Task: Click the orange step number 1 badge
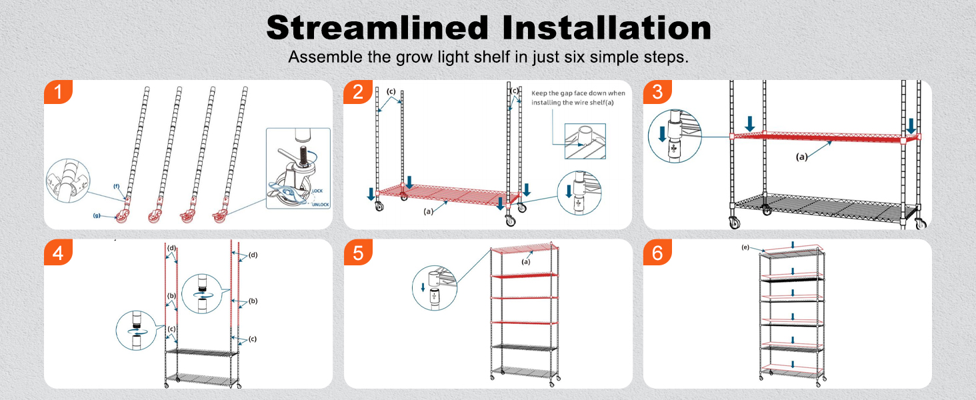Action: click(58, 92)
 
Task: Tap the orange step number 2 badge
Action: click(358, 92)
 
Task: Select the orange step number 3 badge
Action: click(657, 92)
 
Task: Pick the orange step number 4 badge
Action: click(58, 252)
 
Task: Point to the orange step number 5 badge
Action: click(358, 252)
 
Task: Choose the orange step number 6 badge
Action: click(657, 252)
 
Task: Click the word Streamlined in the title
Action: click(377, 27)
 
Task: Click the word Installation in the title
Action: click(607, 27)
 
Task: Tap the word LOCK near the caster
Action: click(317, 191)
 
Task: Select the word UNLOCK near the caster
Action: click(321, 205)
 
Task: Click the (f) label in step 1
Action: click(117, 187)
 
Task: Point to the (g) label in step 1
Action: click(97, 215)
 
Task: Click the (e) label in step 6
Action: click(745, 247)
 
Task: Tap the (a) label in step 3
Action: click(802, 157)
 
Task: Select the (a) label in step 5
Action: click(526, 261)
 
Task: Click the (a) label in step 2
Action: click(429, 211)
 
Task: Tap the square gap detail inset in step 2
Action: click(585, 141)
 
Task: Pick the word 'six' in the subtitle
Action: click(574, 57)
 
